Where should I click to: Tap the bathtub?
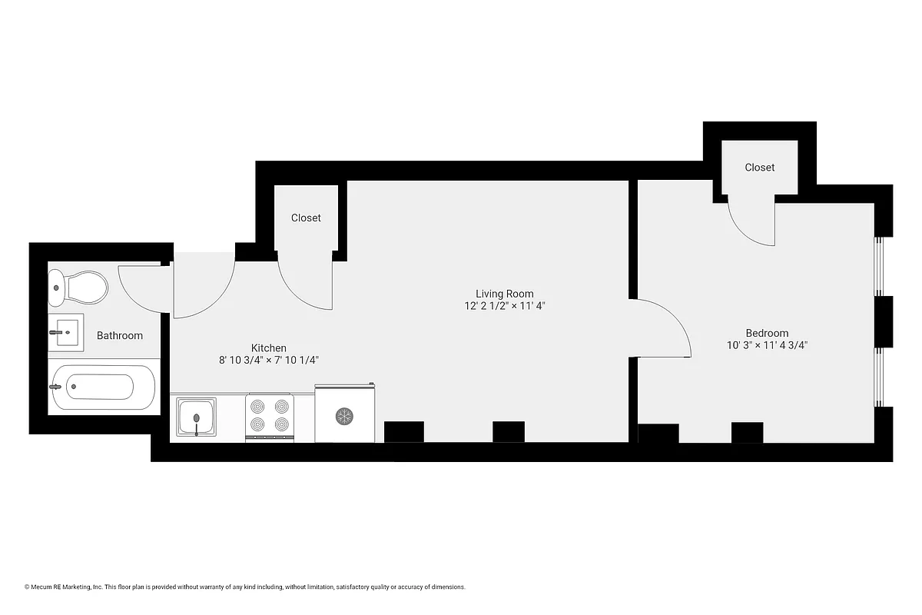pyautogui.click(x=102, y=387)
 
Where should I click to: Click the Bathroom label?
pyautogui.click(x=120, y=336)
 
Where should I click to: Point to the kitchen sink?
pyautogui.click(x=197, y=417)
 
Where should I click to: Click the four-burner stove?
pyautogui.click(x=270, y=417)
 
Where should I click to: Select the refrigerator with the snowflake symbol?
pyautogui.click(x=344, y=415)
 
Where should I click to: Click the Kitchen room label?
pyautogui.click(x=269, y=348)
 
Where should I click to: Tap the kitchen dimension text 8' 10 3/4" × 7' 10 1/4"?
pyautogui.click(x=269, y=360)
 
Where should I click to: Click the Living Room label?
pyautogui.click(x=504, y=294)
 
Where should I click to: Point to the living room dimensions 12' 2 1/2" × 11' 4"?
pyautogui.click(x=504, y=306)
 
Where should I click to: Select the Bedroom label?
pyautogui.click(x=767, y=333)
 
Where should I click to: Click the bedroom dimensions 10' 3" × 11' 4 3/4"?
pyautogui.click(x=767, y=345)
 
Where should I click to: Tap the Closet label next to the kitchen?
pyautogui.click(x=306, y=218)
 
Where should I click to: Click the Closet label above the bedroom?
pyautogui.click(x=759, y=167)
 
